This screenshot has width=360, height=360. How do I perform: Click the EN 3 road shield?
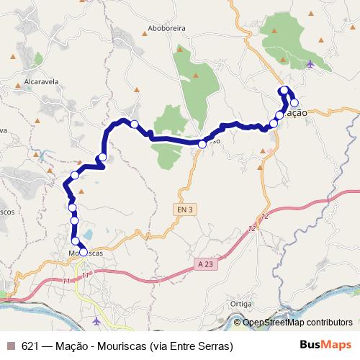click(185, 210)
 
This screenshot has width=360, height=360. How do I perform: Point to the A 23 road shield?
click(205, 264)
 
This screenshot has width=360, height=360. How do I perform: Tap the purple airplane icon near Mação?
click(310, 64)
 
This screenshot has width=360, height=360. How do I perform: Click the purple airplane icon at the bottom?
click(98, 320)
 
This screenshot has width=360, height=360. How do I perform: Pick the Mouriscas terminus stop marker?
click(83, 252)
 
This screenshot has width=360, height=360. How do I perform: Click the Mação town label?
click(295, 114)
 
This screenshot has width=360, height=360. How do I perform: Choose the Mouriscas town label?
click(86, 254)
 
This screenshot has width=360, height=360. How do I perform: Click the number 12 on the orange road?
click(265, 216)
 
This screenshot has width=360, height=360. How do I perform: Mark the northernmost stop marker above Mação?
click(284, 90)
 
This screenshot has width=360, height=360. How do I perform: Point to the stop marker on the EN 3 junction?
click(202, 144)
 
